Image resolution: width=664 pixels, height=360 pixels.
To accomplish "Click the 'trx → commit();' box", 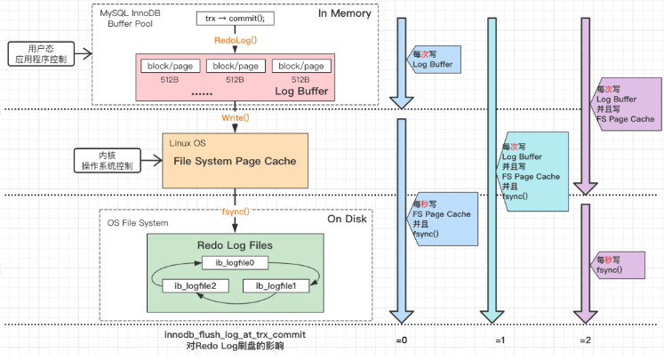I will pos(235,19).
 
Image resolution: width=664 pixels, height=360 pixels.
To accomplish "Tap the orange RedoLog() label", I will pos(235,41).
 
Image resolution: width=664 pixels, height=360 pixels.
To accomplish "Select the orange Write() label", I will pos(235,116).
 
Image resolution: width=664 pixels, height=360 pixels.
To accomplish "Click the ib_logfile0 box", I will pos(235,263).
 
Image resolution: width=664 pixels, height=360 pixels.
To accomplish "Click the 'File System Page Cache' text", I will pos(235,162).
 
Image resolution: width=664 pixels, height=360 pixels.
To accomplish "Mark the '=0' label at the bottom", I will pos(403,341).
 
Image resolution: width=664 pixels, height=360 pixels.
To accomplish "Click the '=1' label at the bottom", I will pos(500,341).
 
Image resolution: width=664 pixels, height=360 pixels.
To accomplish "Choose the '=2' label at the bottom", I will pos(586,341).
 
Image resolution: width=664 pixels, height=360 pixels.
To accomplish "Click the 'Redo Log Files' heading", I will pos(235,244).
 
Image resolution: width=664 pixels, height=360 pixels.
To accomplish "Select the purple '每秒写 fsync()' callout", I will pos(620,264).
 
